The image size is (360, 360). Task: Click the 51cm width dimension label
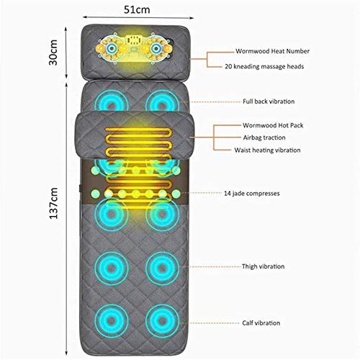[137, 10]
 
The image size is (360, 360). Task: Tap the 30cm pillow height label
[53, 53]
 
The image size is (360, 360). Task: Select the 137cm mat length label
[53, 203]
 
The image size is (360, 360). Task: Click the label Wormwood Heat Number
[272, 51]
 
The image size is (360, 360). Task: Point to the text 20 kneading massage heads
[264, 66]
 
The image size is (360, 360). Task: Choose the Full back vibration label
[269, 102]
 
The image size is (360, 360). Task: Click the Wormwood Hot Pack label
[273, 125]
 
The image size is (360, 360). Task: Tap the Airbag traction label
[264, 138]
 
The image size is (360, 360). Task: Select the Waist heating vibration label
[267, 150]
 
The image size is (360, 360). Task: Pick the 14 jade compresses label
[252, 194]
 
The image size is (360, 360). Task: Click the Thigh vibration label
[263, 266]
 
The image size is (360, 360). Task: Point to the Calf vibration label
[261, 323]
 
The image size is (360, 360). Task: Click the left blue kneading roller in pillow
[111, 48]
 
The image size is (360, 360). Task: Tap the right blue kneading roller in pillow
[156, 49]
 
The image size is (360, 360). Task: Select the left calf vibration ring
[112, 320]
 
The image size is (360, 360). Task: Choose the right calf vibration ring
[162, 320]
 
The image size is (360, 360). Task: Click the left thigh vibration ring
[112, 267]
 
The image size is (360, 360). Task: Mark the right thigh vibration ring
[162, 267]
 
